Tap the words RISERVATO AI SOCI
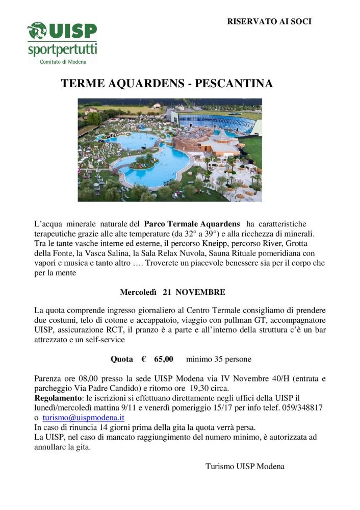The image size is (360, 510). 269,21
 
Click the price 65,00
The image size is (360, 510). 163,359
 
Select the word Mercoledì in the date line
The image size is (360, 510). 139,292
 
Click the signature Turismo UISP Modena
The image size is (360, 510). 245,466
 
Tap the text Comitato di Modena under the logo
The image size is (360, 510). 63,62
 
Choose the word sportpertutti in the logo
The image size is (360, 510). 62,50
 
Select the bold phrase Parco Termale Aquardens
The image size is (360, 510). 192,224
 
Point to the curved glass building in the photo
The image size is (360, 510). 224,123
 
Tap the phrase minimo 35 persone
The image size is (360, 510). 218,359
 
